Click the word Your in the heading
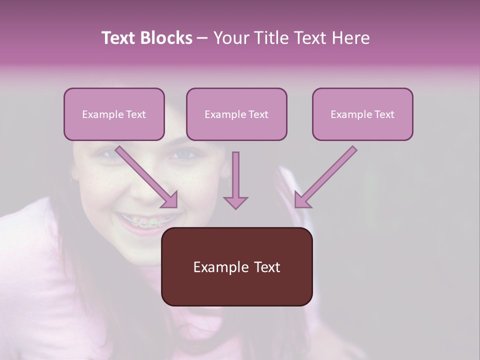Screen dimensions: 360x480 pyautogui.click(x=231, y=38)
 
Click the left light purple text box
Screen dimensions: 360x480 pyautogui.click(x=114, y=114)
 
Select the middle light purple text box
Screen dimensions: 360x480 pyautogui.click(x=236, y=114)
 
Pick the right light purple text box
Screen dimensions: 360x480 pyautogui.click(x=362, y=114)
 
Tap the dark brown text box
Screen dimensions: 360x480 pyautogui.click(x=236, y=266)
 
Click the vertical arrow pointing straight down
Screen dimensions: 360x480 pyautogui.click(x=235, y=180)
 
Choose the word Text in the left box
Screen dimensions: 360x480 pyautogui.click(x=136, y=114)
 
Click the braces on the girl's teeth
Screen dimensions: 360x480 pyautogui.click(x=147, y=221)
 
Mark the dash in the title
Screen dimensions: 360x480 pyautogui.click(x=202, y=38)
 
